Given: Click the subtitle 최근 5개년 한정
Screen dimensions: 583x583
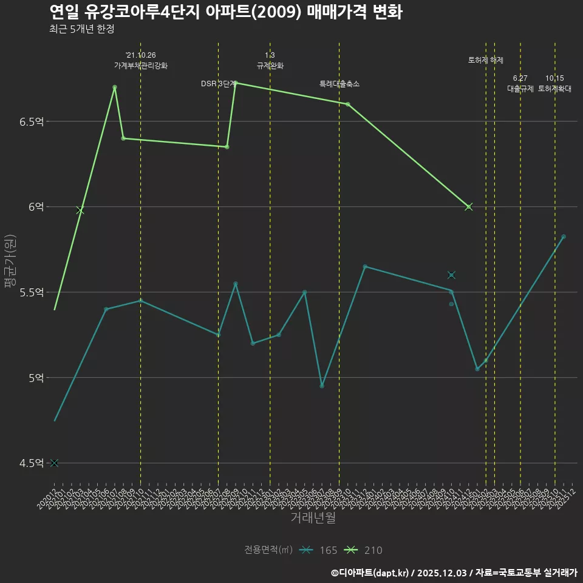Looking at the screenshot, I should pos(81,29).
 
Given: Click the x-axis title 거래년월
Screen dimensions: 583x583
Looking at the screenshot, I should pos(313,517).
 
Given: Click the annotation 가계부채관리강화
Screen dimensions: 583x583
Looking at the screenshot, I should pos(141,66).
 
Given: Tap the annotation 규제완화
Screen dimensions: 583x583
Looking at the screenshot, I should pos(270,66).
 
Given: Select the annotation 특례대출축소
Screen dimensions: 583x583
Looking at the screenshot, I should pos(339,84).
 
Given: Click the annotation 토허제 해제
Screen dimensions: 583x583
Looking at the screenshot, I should pos(486,60).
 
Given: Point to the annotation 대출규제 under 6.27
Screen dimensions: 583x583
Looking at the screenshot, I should pos(520,89).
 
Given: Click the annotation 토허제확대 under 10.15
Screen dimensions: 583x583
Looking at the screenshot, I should pos(554,89).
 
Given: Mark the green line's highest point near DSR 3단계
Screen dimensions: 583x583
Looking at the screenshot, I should pos(236,83).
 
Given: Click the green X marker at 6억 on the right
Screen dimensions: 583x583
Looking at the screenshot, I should pos(468,207).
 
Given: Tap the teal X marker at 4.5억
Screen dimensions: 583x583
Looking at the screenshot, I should pos(54,463).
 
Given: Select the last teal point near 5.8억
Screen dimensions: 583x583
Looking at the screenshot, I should pos(564,236).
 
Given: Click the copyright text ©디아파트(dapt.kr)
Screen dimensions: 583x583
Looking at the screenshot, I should pos(370,573).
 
